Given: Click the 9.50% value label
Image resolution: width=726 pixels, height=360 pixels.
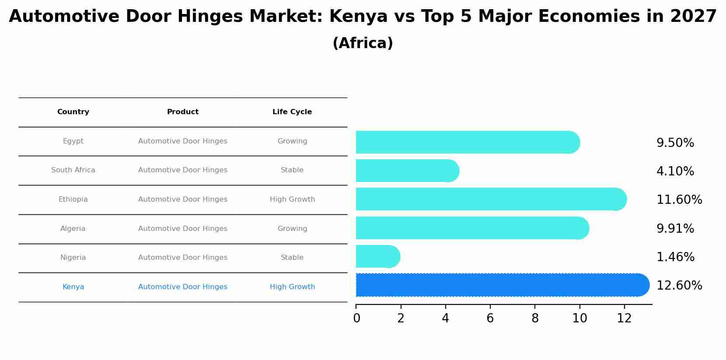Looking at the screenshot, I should [x=675, y=143].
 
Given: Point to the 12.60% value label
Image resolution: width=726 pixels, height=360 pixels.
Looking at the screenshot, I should [x=679, y=286].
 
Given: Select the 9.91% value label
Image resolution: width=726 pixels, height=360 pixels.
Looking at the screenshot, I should [x=675, y=229].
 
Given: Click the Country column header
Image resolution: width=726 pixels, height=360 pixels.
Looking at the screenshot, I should [x=73, y=112].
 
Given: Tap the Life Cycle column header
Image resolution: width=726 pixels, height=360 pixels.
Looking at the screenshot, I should [x=292, y=112].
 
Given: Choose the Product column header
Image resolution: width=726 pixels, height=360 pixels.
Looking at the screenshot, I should [x=183, y=112].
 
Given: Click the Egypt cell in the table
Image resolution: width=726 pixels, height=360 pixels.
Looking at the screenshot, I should [x=73, y=141].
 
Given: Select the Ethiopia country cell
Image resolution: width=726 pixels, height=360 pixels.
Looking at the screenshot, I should [x=73, y=199].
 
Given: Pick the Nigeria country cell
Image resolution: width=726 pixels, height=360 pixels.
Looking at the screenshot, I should [x=73, y=258].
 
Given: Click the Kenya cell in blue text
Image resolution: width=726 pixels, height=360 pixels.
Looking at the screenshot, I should [x=73, y=287].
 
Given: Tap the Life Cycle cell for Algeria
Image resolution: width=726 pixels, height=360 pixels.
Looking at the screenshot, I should [x=292, y=229].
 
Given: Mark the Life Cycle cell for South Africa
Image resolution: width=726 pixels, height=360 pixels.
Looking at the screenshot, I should [x=292, y=170].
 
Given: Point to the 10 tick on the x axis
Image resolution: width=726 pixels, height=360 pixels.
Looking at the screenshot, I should [x=579, y=318].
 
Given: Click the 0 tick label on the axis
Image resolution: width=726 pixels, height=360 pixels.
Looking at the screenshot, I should [x=356, y=318].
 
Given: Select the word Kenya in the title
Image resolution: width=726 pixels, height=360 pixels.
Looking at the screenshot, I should [x=358, y=17].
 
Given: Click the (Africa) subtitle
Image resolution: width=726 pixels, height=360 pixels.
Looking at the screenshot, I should [x=363, y=43].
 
